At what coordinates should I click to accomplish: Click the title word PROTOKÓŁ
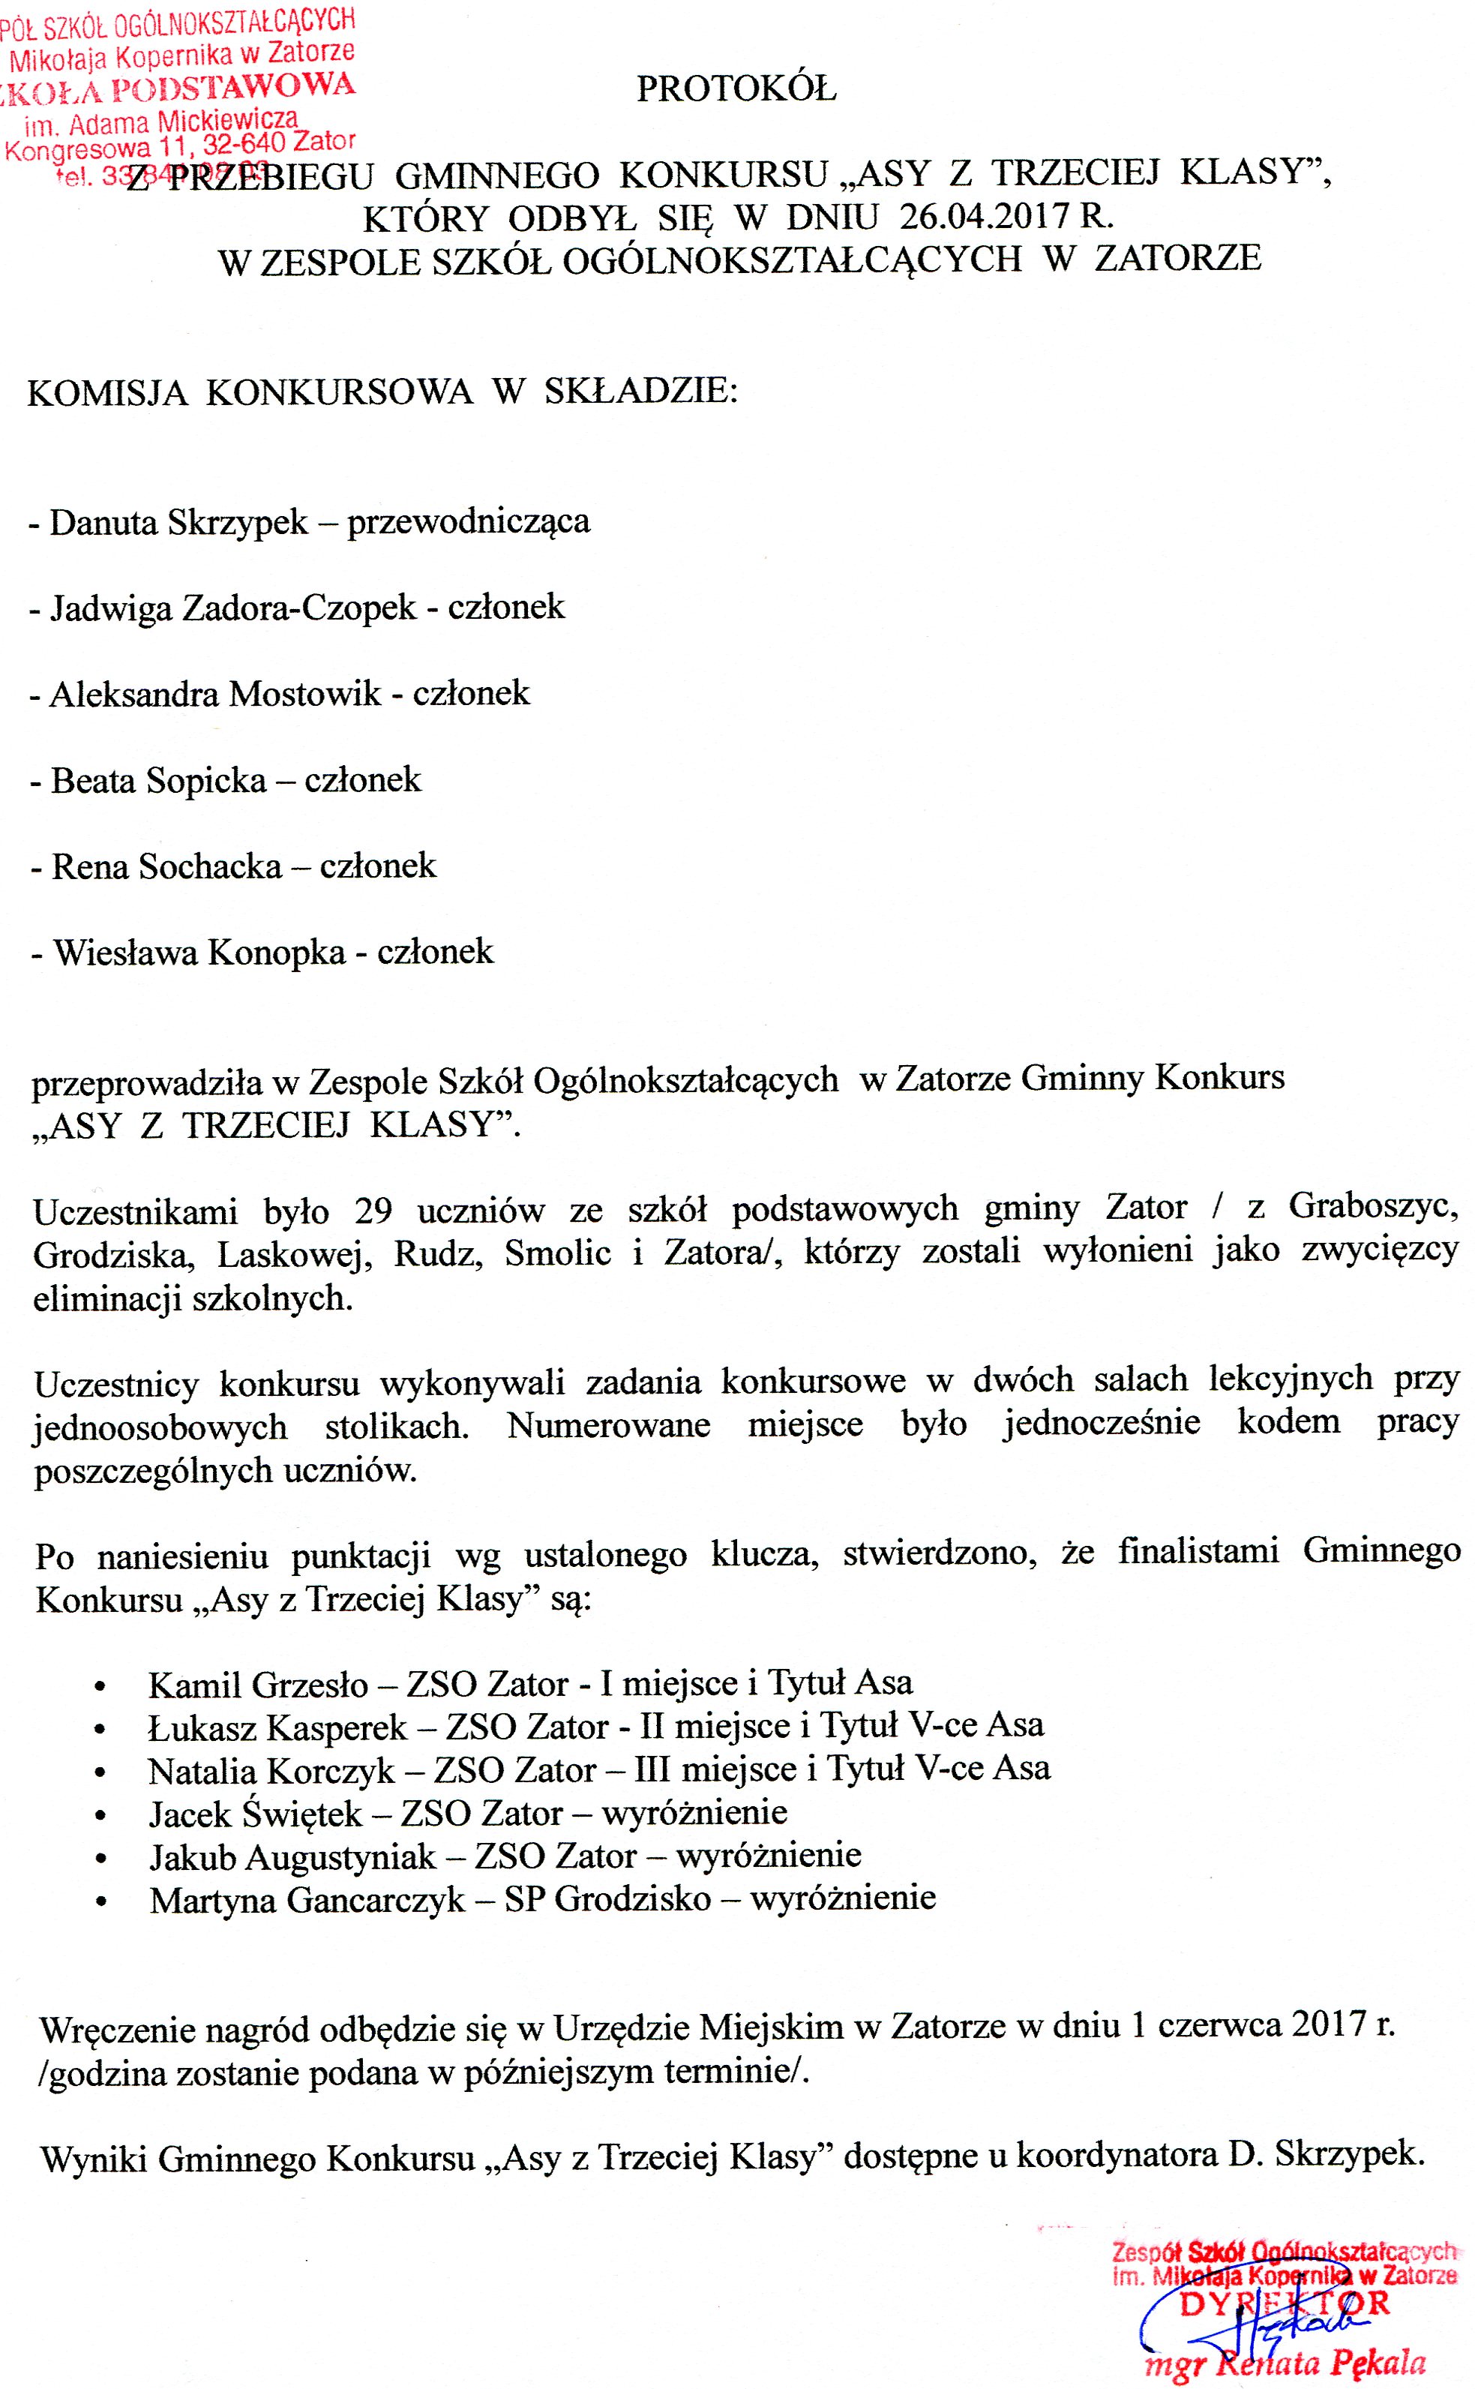coord(736,90)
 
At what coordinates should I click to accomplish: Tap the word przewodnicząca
coord(468,522)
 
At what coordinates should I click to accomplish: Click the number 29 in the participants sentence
coord(373,1211)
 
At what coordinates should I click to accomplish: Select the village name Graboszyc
coord(1374,1208)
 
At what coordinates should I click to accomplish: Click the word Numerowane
coord(607,1425)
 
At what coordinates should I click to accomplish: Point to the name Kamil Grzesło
coord(257,1685)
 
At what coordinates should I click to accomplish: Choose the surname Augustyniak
coord(340,1856)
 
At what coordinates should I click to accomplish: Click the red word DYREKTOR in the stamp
coord(1284,2305)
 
